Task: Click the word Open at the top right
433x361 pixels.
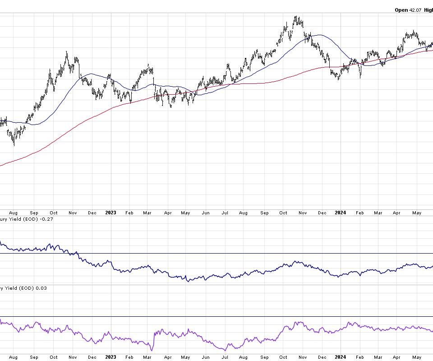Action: pos(401,10)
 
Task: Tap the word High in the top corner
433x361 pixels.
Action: pos(429,10)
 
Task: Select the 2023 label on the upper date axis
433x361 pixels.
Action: pos(111,213)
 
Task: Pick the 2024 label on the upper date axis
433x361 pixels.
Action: pos(340,213)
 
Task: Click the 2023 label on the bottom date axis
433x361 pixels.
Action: pos(111,357)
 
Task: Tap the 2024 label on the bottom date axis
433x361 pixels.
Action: pos(340,357)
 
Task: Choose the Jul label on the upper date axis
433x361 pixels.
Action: pos(225,213)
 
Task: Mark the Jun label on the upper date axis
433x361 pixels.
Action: pos(206,213)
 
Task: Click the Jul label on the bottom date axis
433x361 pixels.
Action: pos(225,357)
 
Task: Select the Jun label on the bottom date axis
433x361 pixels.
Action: pos(206,357)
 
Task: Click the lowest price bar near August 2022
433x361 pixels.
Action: pos(14,145)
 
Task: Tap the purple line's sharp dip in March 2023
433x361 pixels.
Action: pos(152,350)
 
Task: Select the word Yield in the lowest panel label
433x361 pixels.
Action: pos(13,288)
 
